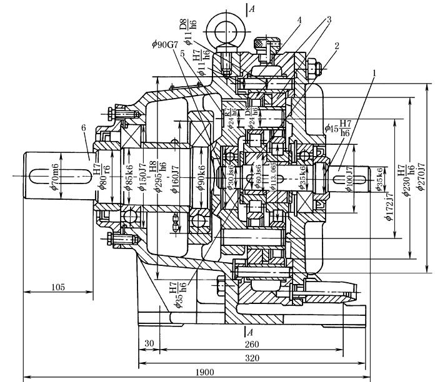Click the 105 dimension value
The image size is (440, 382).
click(x=57, y=287)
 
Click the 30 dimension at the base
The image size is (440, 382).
click(x=148, y=345)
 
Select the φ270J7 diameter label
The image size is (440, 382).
click(x=423, y=175)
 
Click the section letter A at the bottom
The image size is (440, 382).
click(x=249, y=331)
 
